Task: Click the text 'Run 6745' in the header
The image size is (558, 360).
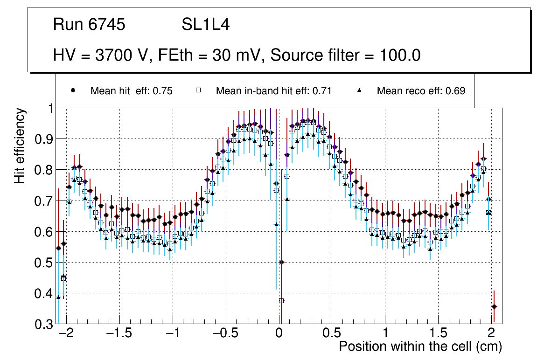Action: tap(89, 25)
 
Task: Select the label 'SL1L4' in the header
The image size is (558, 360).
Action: tap(205, 25)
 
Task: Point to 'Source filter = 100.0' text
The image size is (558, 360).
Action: tap(346, 55)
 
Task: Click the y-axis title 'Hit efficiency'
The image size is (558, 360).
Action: tap(20, 146)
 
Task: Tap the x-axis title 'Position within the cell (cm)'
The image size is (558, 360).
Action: tap(420, 346)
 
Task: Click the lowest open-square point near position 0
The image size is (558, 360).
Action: tap(281, 301)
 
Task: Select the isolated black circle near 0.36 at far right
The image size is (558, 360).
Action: tap(494, 306)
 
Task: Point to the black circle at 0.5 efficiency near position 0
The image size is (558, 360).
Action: tap(281, 262)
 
